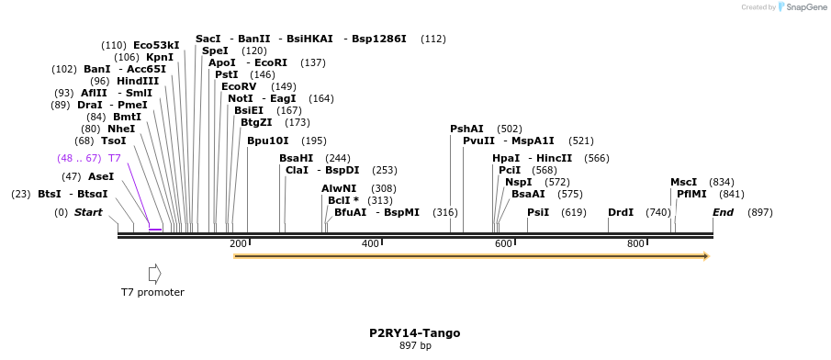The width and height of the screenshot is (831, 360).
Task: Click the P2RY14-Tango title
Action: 415,332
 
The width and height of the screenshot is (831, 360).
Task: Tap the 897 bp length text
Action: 415,346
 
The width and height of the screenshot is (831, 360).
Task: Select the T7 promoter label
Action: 152,292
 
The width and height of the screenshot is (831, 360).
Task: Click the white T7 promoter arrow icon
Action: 154,274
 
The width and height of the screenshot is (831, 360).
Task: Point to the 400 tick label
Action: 371,243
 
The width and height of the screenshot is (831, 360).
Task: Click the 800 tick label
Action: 635,243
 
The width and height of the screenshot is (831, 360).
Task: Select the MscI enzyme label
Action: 683,182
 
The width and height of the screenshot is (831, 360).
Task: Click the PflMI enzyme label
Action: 691,194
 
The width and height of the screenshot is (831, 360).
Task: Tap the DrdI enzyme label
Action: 621,212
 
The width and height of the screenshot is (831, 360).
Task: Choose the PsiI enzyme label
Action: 538,212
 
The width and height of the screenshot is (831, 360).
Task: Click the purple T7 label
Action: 115,158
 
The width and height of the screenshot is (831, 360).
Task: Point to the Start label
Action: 88,212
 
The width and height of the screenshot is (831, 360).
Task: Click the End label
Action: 723,212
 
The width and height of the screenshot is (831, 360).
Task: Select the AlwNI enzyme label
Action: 338,188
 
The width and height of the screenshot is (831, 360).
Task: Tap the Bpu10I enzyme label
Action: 267,141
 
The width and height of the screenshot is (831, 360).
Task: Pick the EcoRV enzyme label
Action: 239,86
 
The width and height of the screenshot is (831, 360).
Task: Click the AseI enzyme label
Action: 101,176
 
